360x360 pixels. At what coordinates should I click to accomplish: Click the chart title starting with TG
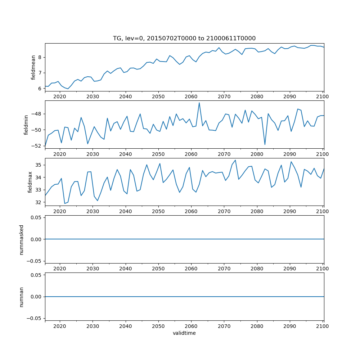pyautogui.click(x=184, y=39)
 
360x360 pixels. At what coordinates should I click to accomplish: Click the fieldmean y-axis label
pyautogui.click(x=33, y=67)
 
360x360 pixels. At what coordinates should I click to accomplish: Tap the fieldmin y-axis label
pyautogui.click(x=26, y=125)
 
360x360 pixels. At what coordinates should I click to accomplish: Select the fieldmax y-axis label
pyautogui.click(x=31, y=182)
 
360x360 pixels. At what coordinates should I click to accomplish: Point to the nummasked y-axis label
pyautogui.click(x=22, y=239)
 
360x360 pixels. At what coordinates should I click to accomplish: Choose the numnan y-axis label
pyautogui.click(x=22, y=297)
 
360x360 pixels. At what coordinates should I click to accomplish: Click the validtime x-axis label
pyautogui.click(x=184, y=333)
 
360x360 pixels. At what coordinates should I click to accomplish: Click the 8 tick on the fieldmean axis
pyautogui.click(x=40, y=57)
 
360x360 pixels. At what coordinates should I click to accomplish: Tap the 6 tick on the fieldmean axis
pyautogui.click(x=40, y=88)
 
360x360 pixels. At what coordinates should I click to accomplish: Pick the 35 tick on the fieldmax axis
pyautogui.click(x=39, y=165)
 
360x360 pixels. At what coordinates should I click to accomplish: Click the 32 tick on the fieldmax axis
pyautogui.click(x=39, y=202)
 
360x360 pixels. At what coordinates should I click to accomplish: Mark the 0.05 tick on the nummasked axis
pyautogui.click(x=37, y=218)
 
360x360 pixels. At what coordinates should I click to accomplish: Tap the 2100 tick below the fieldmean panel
pyautogui.click(x=323, y=96)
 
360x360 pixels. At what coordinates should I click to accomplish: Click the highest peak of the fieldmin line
pyautogui.click(x=199, y=103)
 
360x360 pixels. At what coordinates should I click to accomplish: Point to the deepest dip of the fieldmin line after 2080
pyautogui.click(x=265, y=145)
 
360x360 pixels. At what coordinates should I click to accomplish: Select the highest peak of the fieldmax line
pyautogui.click(x=235, y=160)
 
